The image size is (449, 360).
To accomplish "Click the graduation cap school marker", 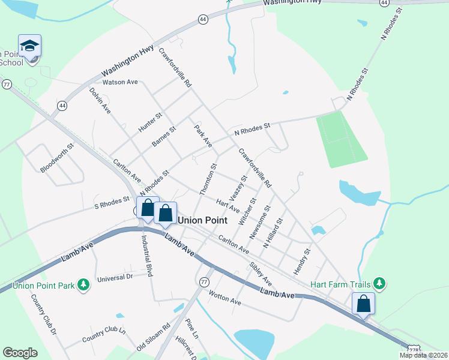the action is [x=29, y=46].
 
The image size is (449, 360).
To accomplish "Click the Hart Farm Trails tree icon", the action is [x=378, y=283].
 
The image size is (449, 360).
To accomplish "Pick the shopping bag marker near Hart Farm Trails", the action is [x=363, y=304].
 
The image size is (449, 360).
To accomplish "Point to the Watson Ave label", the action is [x=121, y=82].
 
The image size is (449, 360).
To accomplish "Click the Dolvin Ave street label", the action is [x=100, y=101].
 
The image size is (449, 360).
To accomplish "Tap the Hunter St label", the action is [x=150, y=122].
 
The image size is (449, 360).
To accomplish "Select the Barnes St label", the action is [x=163, y=136].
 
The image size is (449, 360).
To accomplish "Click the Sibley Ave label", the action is [x=261, y=274].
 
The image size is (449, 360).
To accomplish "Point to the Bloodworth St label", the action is [x=57, y=157].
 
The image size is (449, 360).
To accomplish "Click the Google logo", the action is [x=20, y=353].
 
